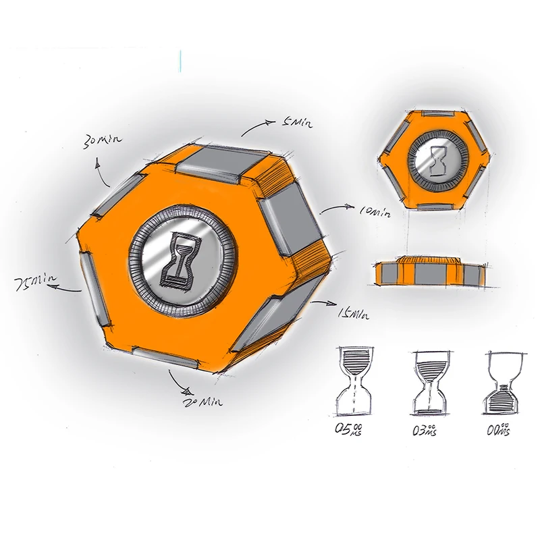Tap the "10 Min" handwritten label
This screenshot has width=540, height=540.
[375, 213]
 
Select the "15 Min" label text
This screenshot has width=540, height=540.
[352, 314]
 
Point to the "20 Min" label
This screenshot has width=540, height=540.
[204, 402]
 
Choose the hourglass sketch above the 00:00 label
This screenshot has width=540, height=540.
[503, 381]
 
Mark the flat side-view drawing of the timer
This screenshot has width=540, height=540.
[429, 271]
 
